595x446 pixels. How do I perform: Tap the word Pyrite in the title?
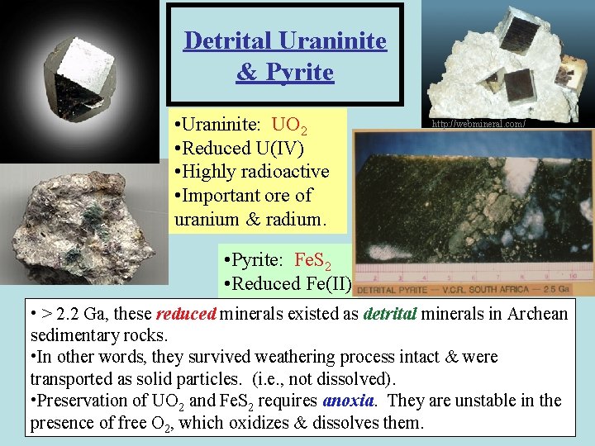296,73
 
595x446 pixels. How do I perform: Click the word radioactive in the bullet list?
286,172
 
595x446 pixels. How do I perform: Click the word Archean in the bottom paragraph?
536,314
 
